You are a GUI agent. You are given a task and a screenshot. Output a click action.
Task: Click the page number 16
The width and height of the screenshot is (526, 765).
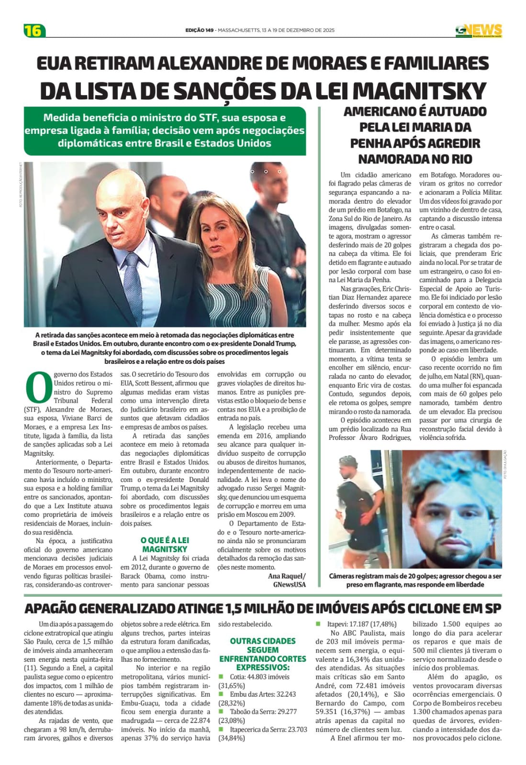(34, 30)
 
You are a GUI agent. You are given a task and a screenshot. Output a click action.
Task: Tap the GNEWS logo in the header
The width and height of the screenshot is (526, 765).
(478, 30)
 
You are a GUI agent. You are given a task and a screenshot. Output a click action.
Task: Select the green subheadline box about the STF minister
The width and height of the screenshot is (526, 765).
(165, 131)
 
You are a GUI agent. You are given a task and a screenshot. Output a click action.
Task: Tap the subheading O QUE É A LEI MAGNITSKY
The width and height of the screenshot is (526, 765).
(165, 545)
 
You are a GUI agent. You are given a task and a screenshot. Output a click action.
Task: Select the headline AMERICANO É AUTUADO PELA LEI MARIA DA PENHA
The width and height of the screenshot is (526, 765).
(415, 135)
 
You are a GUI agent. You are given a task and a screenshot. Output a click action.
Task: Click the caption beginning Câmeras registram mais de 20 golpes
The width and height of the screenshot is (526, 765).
(415, 580)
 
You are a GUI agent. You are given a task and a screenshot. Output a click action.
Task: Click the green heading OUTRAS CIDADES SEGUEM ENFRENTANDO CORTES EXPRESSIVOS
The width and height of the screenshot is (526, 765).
(263, 654)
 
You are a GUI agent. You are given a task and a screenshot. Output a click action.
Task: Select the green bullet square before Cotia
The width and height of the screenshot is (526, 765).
(221, 677)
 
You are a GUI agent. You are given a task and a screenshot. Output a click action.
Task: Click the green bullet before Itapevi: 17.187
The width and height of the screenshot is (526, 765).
(318, 624)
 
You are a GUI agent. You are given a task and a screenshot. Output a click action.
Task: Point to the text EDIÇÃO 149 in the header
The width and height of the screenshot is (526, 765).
(200, 30)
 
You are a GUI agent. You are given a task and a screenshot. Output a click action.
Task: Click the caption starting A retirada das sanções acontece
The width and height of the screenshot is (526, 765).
(165, 348)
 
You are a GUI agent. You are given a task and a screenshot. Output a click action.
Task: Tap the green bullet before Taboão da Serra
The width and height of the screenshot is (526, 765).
(221, 711)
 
